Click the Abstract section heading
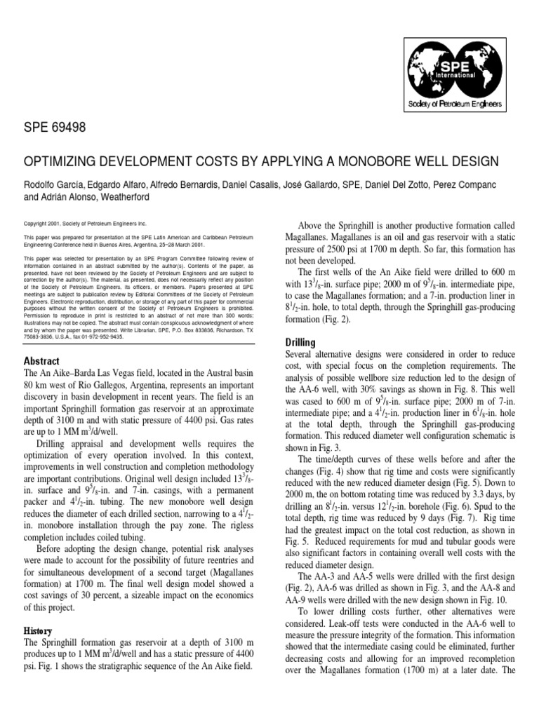click(x=43, y=360)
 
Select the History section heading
click(x=39, y=631)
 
